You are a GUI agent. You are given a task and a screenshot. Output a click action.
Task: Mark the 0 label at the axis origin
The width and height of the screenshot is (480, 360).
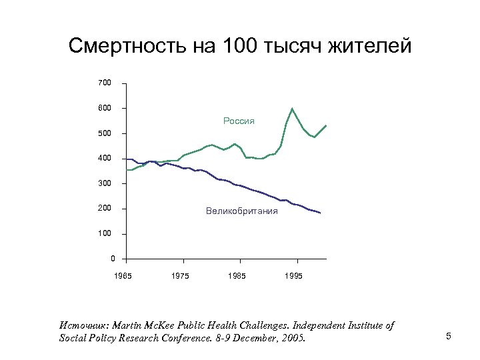click(113, 259)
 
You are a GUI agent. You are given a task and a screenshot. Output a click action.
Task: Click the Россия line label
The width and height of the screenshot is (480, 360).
click(239, 121)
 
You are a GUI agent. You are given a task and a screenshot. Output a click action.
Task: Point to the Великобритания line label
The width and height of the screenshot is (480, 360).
click(242, 211)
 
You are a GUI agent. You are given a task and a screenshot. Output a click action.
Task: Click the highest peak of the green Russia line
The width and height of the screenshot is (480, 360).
click(292, 109)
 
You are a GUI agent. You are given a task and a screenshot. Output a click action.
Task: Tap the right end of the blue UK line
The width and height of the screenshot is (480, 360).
click(321, 213)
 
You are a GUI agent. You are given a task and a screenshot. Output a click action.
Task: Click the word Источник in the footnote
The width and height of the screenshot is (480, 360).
click(83, 325)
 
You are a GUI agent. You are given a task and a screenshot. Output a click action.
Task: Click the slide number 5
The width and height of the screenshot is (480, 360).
click(449, 336)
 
